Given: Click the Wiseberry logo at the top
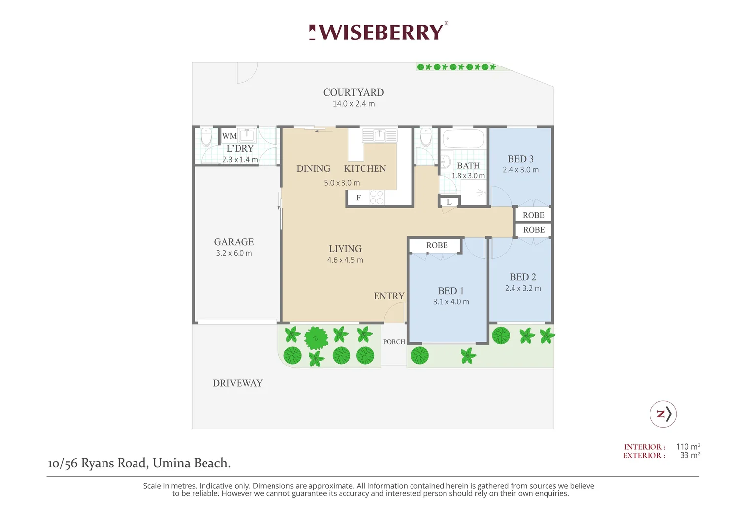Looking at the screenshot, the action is click(378, 32).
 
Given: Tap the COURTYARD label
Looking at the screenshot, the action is click(354, 92).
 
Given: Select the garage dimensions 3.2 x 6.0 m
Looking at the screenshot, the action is click(234, 253).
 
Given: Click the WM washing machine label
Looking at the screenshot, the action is click(229, 136).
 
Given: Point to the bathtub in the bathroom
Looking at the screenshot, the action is click(464, 138).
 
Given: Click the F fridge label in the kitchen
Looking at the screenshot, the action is click(358, 198).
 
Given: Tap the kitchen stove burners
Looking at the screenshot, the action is click(376, 197).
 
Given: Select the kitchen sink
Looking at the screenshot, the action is click(379, 135).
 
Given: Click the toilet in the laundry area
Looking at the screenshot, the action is click(206, 136).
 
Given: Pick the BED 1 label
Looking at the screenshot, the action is click(451, 291).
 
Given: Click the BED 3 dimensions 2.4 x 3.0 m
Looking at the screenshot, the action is click(521, 170).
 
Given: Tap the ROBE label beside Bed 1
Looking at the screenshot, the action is click(437, 245).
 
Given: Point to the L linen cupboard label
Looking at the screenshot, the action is click(449, 202).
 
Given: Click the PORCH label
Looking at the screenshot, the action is click(394, 342).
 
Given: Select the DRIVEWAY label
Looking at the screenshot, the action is click(238, 383).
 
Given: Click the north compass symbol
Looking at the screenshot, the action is click(663, 414).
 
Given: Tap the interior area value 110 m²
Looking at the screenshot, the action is click(688, 447).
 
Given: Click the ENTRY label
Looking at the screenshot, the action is click(389, 296).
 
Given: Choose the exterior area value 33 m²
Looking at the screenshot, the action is click(690, 455).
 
